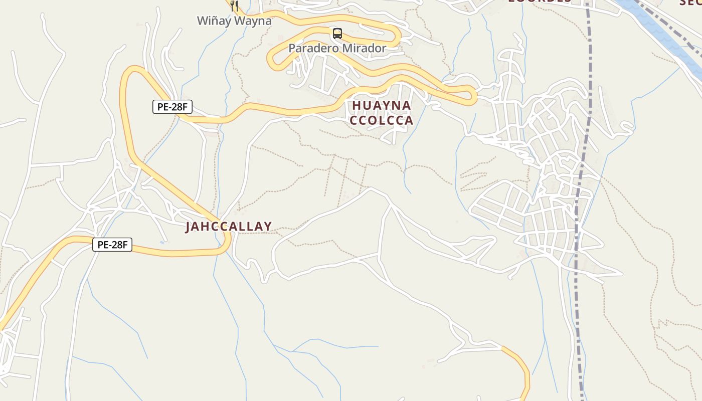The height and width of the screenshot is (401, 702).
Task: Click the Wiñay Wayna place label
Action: tap(234, 21)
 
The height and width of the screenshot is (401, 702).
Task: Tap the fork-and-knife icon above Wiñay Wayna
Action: tap(234, 6)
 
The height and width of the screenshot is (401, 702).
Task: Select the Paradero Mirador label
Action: tap(337, 49)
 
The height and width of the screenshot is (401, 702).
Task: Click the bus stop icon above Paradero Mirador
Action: tap(337, 34)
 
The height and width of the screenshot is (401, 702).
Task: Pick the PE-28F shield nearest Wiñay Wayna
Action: tap(172, 106)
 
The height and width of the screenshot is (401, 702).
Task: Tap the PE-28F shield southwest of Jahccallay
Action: tap(112, 245)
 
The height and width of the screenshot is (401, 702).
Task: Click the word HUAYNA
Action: tap(382, 105)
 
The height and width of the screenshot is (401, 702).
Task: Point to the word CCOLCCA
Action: tap(382, 120)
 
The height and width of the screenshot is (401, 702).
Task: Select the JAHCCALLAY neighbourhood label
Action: tap(229, 227)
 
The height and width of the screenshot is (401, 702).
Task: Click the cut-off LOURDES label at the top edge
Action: tap(540, 2)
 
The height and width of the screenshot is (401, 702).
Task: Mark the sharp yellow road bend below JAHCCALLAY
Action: tap(227, 246)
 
